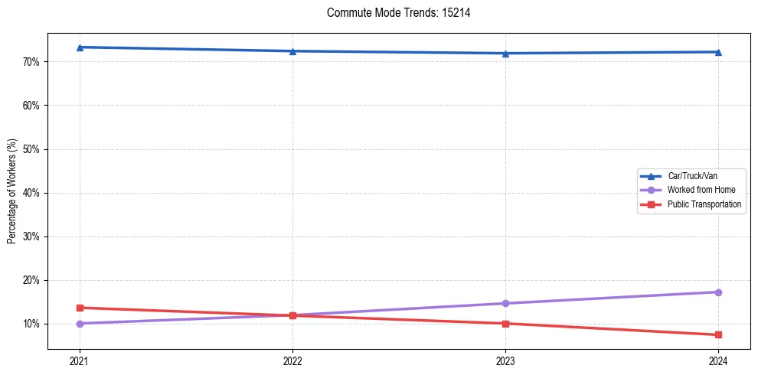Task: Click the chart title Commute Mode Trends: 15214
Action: (393, 13)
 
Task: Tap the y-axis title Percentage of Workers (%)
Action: (11, 191)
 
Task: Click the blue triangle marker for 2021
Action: (80, 47)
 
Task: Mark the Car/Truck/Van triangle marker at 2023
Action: (505, 54)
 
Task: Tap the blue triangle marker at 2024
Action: (718, 52)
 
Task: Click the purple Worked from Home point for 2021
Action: (80, 324)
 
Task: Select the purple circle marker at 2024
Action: (718, 292)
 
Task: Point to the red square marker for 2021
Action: (80, 308)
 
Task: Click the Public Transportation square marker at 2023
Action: (505, 324)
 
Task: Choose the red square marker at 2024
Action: (718, 334)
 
